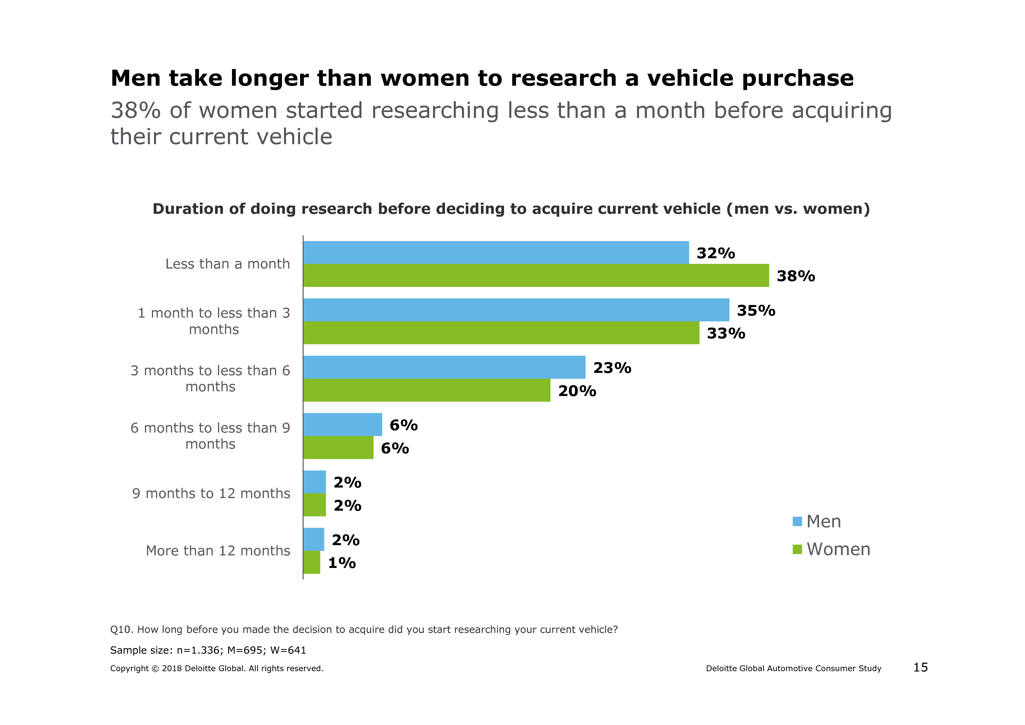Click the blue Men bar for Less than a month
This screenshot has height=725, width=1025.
496,252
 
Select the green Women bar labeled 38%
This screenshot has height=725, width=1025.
536,275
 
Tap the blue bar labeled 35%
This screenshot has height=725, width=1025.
516,310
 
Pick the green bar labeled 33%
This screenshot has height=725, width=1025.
501,333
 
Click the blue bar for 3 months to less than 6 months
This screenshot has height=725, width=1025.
444,367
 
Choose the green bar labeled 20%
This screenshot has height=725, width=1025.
426,390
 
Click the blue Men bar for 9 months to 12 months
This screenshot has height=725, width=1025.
314,482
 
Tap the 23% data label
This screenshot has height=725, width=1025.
612,368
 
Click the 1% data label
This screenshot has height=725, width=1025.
342,563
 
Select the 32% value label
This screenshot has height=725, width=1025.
715,253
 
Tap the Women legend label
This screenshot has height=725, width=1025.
838,549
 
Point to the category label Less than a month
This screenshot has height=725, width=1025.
227,264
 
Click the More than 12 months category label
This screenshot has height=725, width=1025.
218,551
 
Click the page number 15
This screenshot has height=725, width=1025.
920,667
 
